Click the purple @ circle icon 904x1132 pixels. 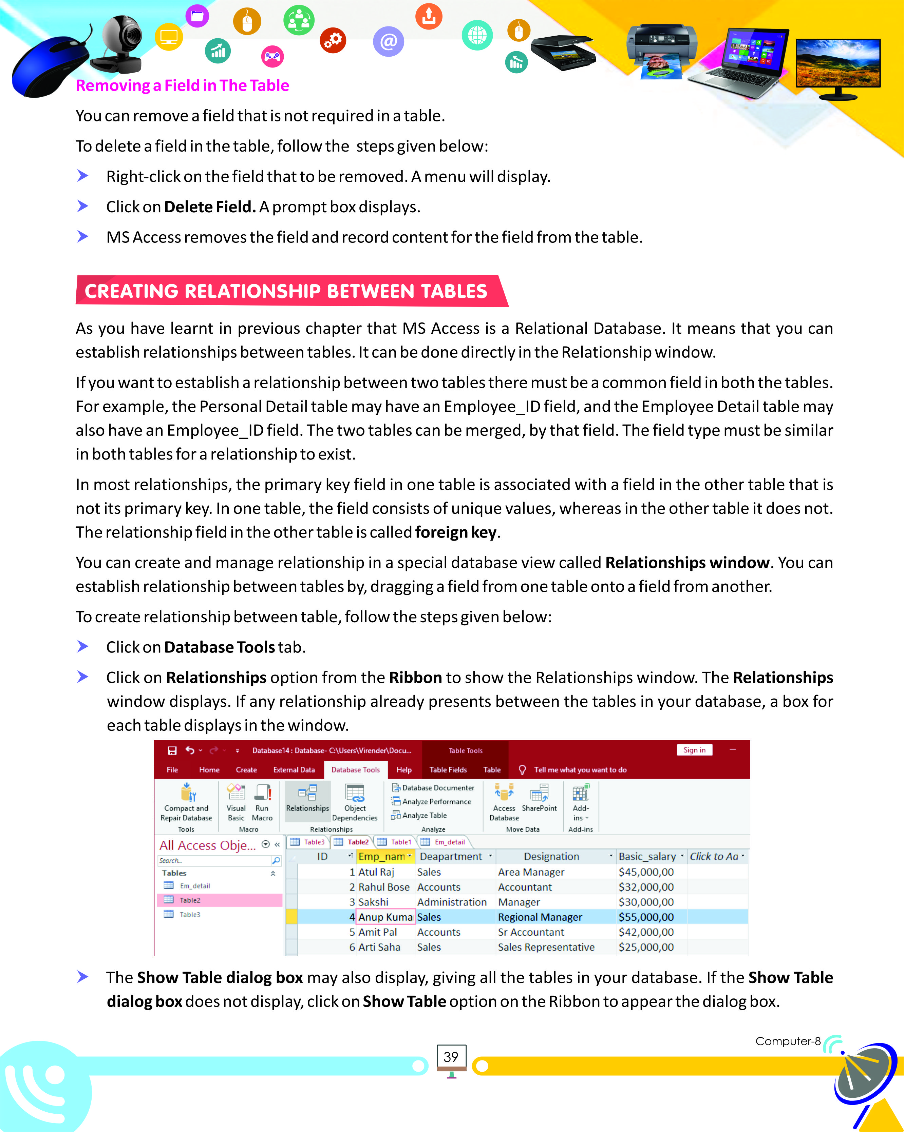tap(388, 41)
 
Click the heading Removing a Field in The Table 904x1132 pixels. tap(182, 85)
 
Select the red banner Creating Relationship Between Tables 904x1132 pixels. tap(286, 291)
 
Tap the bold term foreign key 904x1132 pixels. tap(455, 532)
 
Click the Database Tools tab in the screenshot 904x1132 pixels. tap(356, 770)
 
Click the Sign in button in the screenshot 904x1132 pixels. tap(694, 750)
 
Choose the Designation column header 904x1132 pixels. tap(551, 856)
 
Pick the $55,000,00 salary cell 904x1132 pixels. tap(646, 917)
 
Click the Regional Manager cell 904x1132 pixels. tap(540, 917)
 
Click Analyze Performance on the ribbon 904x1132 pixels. tap(436, 802)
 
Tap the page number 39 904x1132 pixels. tap(451, 1057)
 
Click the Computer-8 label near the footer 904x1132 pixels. tap(787, 1041)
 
